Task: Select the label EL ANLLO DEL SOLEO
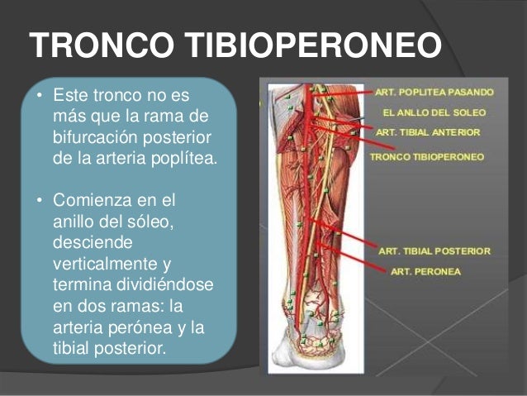pyautogui.click(x=434, y=112)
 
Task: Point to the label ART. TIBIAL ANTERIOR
pyautogui.click(x=427, y=131)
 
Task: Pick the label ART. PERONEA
pyautogui.click(x=425, y=270)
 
